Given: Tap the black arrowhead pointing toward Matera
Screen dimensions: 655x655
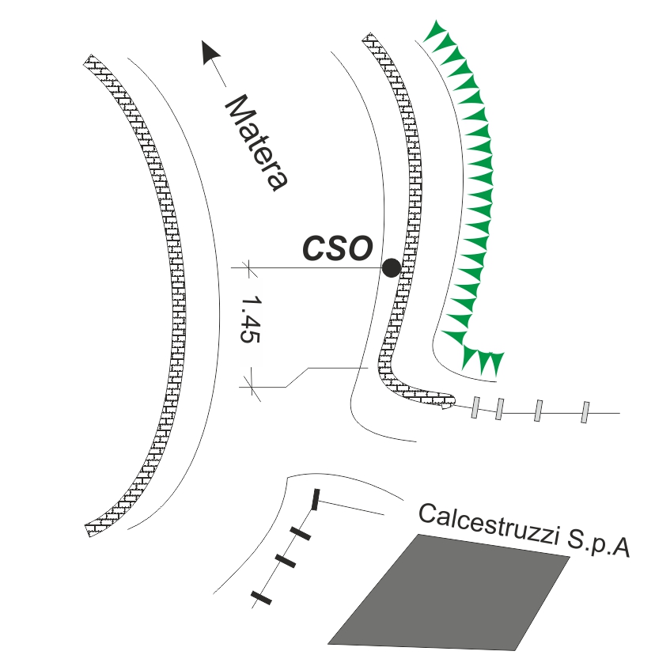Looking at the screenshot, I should coord(210,54).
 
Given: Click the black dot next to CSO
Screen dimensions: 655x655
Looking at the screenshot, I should coord(391,267).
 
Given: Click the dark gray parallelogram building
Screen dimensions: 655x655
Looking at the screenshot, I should coord(449,592).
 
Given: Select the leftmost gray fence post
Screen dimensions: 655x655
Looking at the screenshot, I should coord(475,407).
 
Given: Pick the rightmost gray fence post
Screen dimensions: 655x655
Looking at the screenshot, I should coord(585,412).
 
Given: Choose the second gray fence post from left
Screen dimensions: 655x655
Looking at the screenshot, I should coord(499,409).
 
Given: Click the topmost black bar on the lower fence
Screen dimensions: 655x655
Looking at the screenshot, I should coord(316,499).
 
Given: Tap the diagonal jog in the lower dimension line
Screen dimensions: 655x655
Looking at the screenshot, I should coord(297,377).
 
